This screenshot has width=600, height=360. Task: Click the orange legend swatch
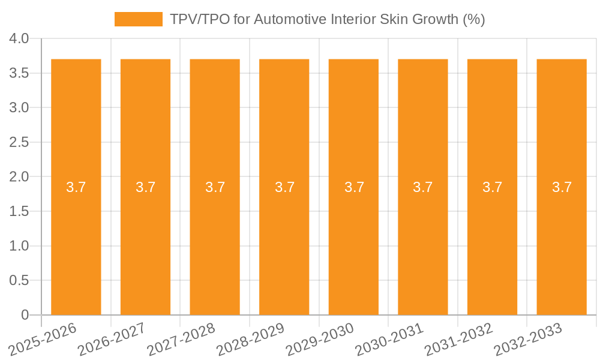coord(139,19)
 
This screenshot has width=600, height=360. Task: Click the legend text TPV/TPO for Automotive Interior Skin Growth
coord(328,19)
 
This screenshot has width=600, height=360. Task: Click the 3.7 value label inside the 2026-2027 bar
coord(146,187)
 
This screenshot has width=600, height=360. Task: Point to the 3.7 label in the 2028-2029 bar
coord(284,187)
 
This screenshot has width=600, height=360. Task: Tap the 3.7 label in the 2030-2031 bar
coord(423,187)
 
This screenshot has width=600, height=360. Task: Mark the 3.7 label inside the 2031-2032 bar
coord(493,187)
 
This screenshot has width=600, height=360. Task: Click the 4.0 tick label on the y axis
coord(19,39)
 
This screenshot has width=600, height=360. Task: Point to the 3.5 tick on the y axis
coord(19,73)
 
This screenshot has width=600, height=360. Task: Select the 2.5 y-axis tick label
coord(19,142)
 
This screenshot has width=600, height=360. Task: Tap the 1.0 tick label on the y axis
coord(19,246)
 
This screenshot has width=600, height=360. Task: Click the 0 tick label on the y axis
coord(25,315)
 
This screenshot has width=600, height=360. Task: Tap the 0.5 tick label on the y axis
coord(19,280)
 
